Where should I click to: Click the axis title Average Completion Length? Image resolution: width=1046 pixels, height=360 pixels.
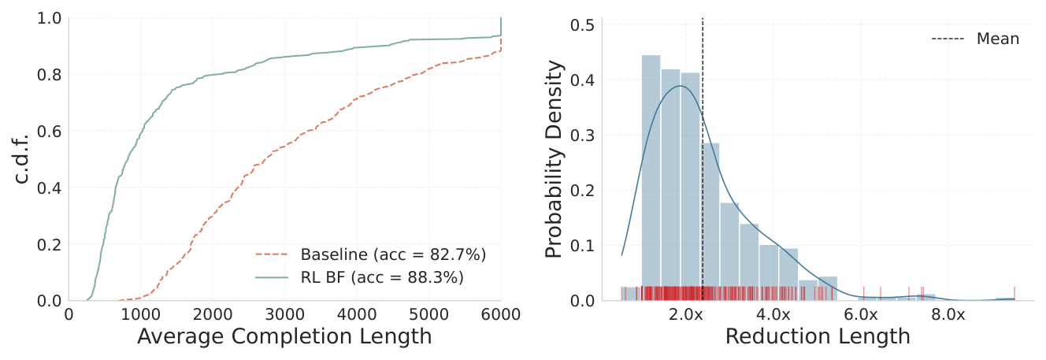click(284, 336)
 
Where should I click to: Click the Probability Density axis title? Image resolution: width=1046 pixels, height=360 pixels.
click(555, 160)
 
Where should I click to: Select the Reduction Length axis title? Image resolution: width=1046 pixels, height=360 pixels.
click(817, 336)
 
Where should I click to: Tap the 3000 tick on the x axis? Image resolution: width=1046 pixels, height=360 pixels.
click(284, 314)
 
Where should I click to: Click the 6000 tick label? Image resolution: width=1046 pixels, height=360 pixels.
click(501, 314)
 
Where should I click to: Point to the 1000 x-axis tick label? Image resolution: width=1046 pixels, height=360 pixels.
click(140, 314)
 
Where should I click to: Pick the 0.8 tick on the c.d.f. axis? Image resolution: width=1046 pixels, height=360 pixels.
click(50, 75)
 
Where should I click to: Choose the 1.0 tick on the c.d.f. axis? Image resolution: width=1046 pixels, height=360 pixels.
click(50, 18)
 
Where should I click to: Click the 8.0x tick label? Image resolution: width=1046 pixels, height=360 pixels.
click(948, 314)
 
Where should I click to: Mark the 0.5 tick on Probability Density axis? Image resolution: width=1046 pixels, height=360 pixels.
click(584, 24)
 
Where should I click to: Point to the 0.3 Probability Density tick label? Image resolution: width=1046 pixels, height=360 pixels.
click(584, 135)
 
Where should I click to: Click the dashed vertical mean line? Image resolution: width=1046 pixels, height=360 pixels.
click(702, 158)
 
